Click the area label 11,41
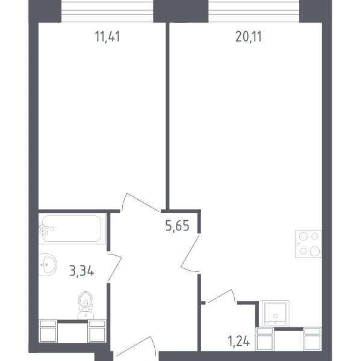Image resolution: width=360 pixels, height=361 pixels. coord(107,37)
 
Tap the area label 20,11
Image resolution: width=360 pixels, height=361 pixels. coord(249,37)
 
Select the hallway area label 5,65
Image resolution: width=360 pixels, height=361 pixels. coord(178,226)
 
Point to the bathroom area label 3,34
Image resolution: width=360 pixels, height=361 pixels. coord(82,271)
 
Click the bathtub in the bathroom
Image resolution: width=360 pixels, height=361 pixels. coord(72,229)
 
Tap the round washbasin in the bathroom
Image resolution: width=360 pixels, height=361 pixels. coord(47,265)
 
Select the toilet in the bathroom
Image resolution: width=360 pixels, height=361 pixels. coord(85,305)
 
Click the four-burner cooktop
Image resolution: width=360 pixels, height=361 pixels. coord(308,244)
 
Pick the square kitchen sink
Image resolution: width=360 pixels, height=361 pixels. coord(276,313)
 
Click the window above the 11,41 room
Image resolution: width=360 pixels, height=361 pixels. coord(107,11)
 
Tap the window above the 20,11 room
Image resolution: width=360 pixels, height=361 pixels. coord(254,11)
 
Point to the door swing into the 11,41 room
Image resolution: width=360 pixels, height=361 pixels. coord(140,201)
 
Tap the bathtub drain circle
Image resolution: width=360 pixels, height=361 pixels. coord(52,229)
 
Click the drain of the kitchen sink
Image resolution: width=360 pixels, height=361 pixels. coord(276,316)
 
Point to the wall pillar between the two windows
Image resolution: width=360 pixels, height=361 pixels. coord(181,11)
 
